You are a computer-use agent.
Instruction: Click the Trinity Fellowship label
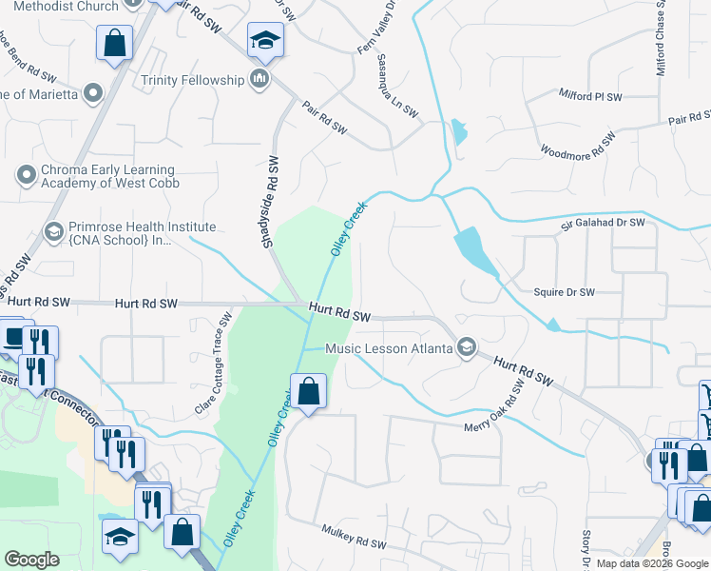(192, 80)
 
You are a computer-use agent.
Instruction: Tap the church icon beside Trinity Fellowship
(259, 78)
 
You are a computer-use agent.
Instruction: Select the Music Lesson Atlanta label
(388, 348)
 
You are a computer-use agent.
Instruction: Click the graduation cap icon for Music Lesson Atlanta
(466, 347)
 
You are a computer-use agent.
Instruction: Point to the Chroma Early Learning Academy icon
(26, 174)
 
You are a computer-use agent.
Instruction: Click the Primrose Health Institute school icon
(54, 231)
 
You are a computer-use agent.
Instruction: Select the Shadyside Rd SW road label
(269, 202)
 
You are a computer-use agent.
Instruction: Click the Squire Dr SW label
(564, 292)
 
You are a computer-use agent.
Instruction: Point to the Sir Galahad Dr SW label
(602, 222)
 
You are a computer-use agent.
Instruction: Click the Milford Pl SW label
(589, 97)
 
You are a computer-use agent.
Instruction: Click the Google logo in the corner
(31, 560)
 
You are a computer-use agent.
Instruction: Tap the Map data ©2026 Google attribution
(652, 563)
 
